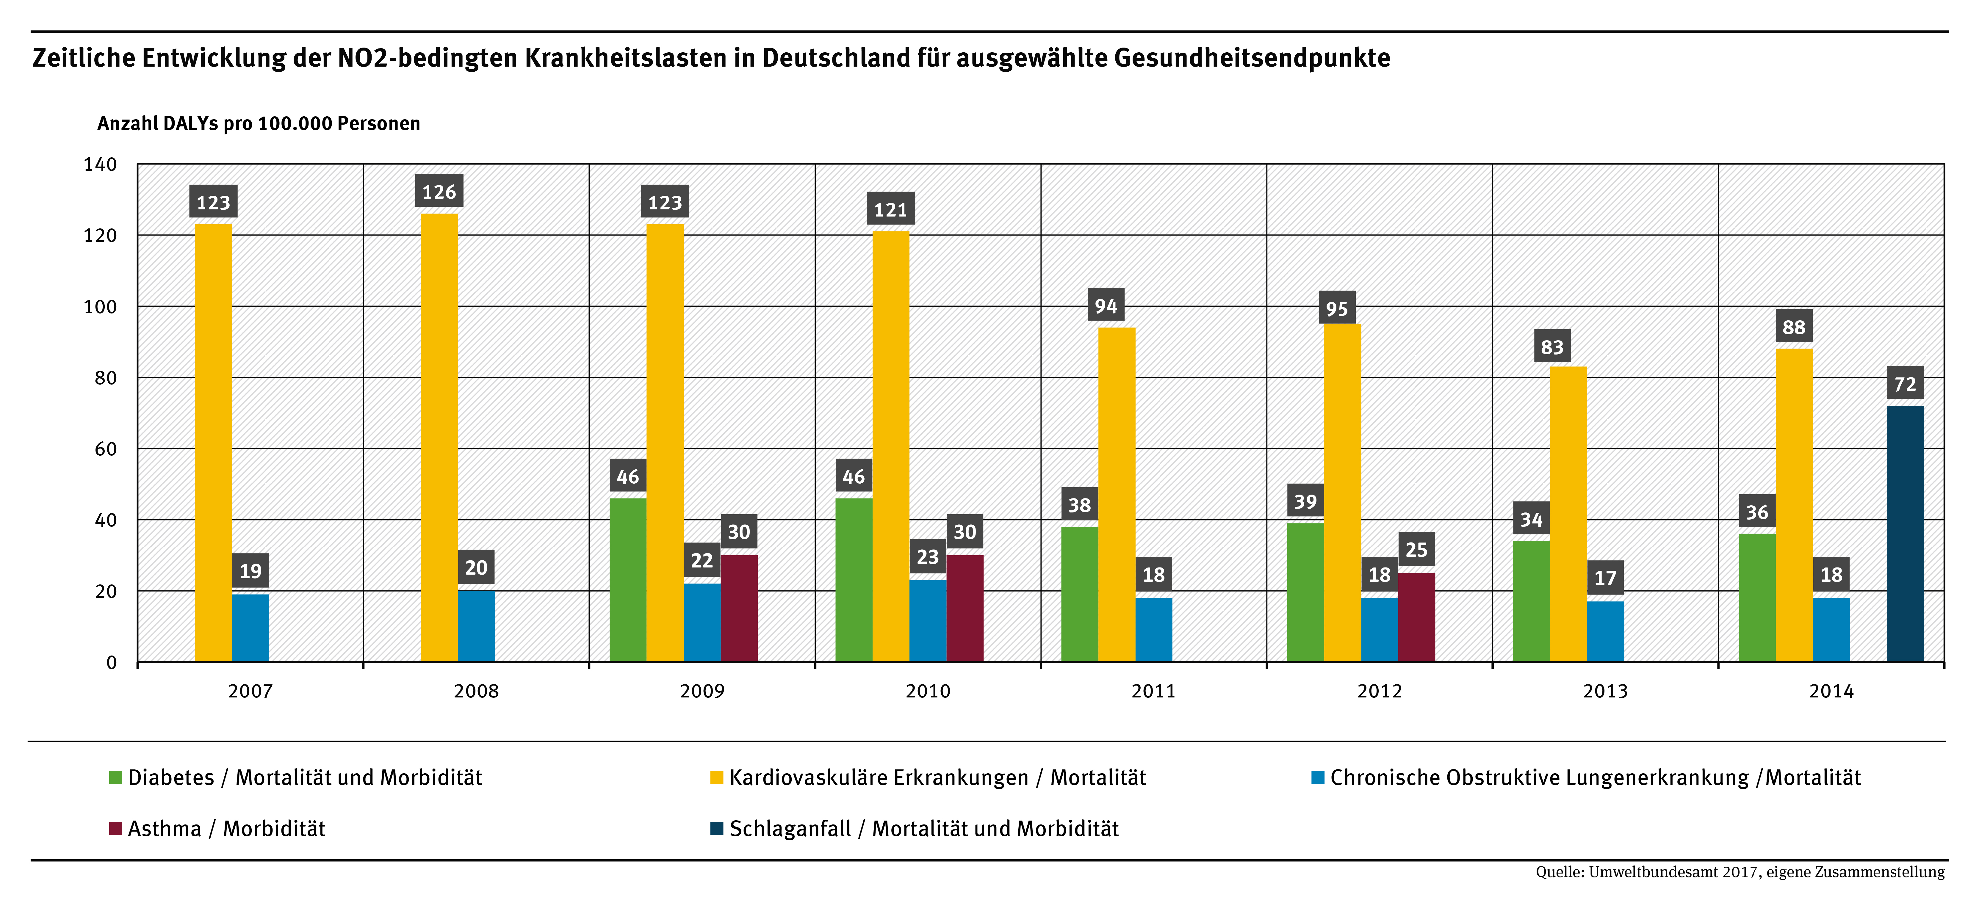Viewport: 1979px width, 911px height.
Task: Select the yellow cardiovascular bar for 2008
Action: (x=439, y=438)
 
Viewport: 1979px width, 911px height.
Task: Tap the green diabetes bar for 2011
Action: (x=1079, y=594)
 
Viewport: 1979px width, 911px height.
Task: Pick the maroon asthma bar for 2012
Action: (x=1416, y=617)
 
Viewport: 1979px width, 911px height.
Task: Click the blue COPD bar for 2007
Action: (x=250, y=628)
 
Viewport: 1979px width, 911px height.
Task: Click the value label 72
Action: (x=1905, y=383)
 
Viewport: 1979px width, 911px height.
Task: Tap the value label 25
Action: (x=1416, y=550)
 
